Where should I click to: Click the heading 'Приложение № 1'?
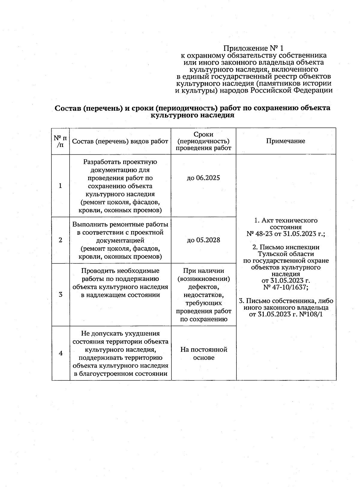[x=253, y=48]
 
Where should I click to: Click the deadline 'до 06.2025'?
[x=203, y=178]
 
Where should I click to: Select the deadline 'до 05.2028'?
[x=203, y=240]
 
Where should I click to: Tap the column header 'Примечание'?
[x=286, y=141]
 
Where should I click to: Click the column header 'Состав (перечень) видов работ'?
[x=120, y=141]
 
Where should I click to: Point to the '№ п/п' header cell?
[x=60, y=141]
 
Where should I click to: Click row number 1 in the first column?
[x=61, y=186]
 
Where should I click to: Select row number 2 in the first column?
[x=61, y=240]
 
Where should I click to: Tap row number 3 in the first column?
[x=61, y=295]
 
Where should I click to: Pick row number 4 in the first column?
[x=61, y=353]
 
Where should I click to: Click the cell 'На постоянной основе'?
[x=203, y=353]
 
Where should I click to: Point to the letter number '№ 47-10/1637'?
[x=286, y=287]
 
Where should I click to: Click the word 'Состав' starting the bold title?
[x=67, y=108]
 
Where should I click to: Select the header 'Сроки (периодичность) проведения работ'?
[x=203, y=141]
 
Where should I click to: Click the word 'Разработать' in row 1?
[x=101, y=162]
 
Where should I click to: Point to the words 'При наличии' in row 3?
[x=203, y=271]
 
